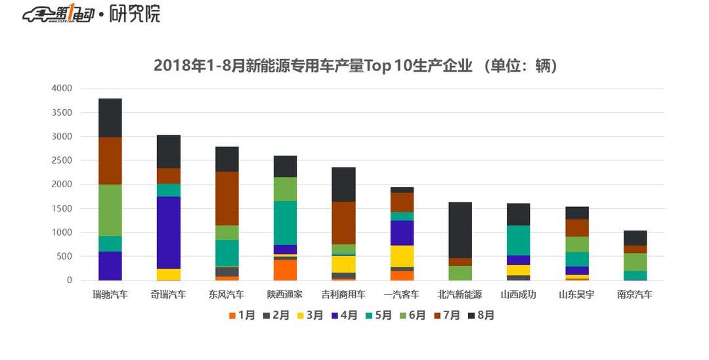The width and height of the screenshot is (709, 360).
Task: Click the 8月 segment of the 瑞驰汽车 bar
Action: [x=110, y=118]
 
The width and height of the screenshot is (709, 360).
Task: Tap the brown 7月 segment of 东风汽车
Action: [x=227, y=198]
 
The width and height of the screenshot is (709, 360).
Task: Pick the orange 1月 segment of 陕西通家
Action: [x=285, y=270]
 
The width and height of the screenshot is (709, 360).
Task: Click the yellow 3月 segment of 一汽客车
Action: [x=402, y=256]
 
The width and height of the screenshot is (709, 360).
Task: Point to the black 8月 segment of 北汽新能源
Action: [x=460, y=230]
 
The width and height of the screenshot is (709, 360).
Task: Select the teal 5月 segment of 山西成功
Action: [x=518, y=240]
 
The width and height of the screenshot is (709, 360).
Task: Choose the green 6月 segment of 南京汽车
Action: [x=635, y=262]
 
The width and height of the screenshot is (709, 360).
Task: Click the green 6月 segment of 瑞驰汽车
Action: [x=110, y=210]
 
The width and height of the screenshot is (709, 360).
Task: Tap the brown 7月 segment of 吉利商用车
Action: [x=343, y=223]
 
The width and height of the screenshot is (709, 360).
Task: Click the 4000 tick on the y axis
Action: [x=62, y=89]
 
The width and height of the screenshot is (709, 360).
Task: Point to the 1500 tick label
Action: [x=62, y=209]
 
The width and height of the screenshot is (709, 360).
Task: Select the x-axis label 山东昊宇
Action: [x=576, y=295]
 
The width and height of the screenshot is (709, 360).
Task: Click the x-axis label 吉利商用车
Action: [x=343, y=295]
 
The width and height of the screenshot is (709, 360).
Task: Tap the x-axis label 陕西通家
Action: [x=285, y=295]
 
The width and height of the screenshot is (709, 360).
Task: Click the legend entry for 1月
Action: [x=241, y=315]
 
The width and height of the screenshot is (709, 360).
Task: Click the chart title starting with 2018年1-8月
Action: [x=355, y=66]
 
